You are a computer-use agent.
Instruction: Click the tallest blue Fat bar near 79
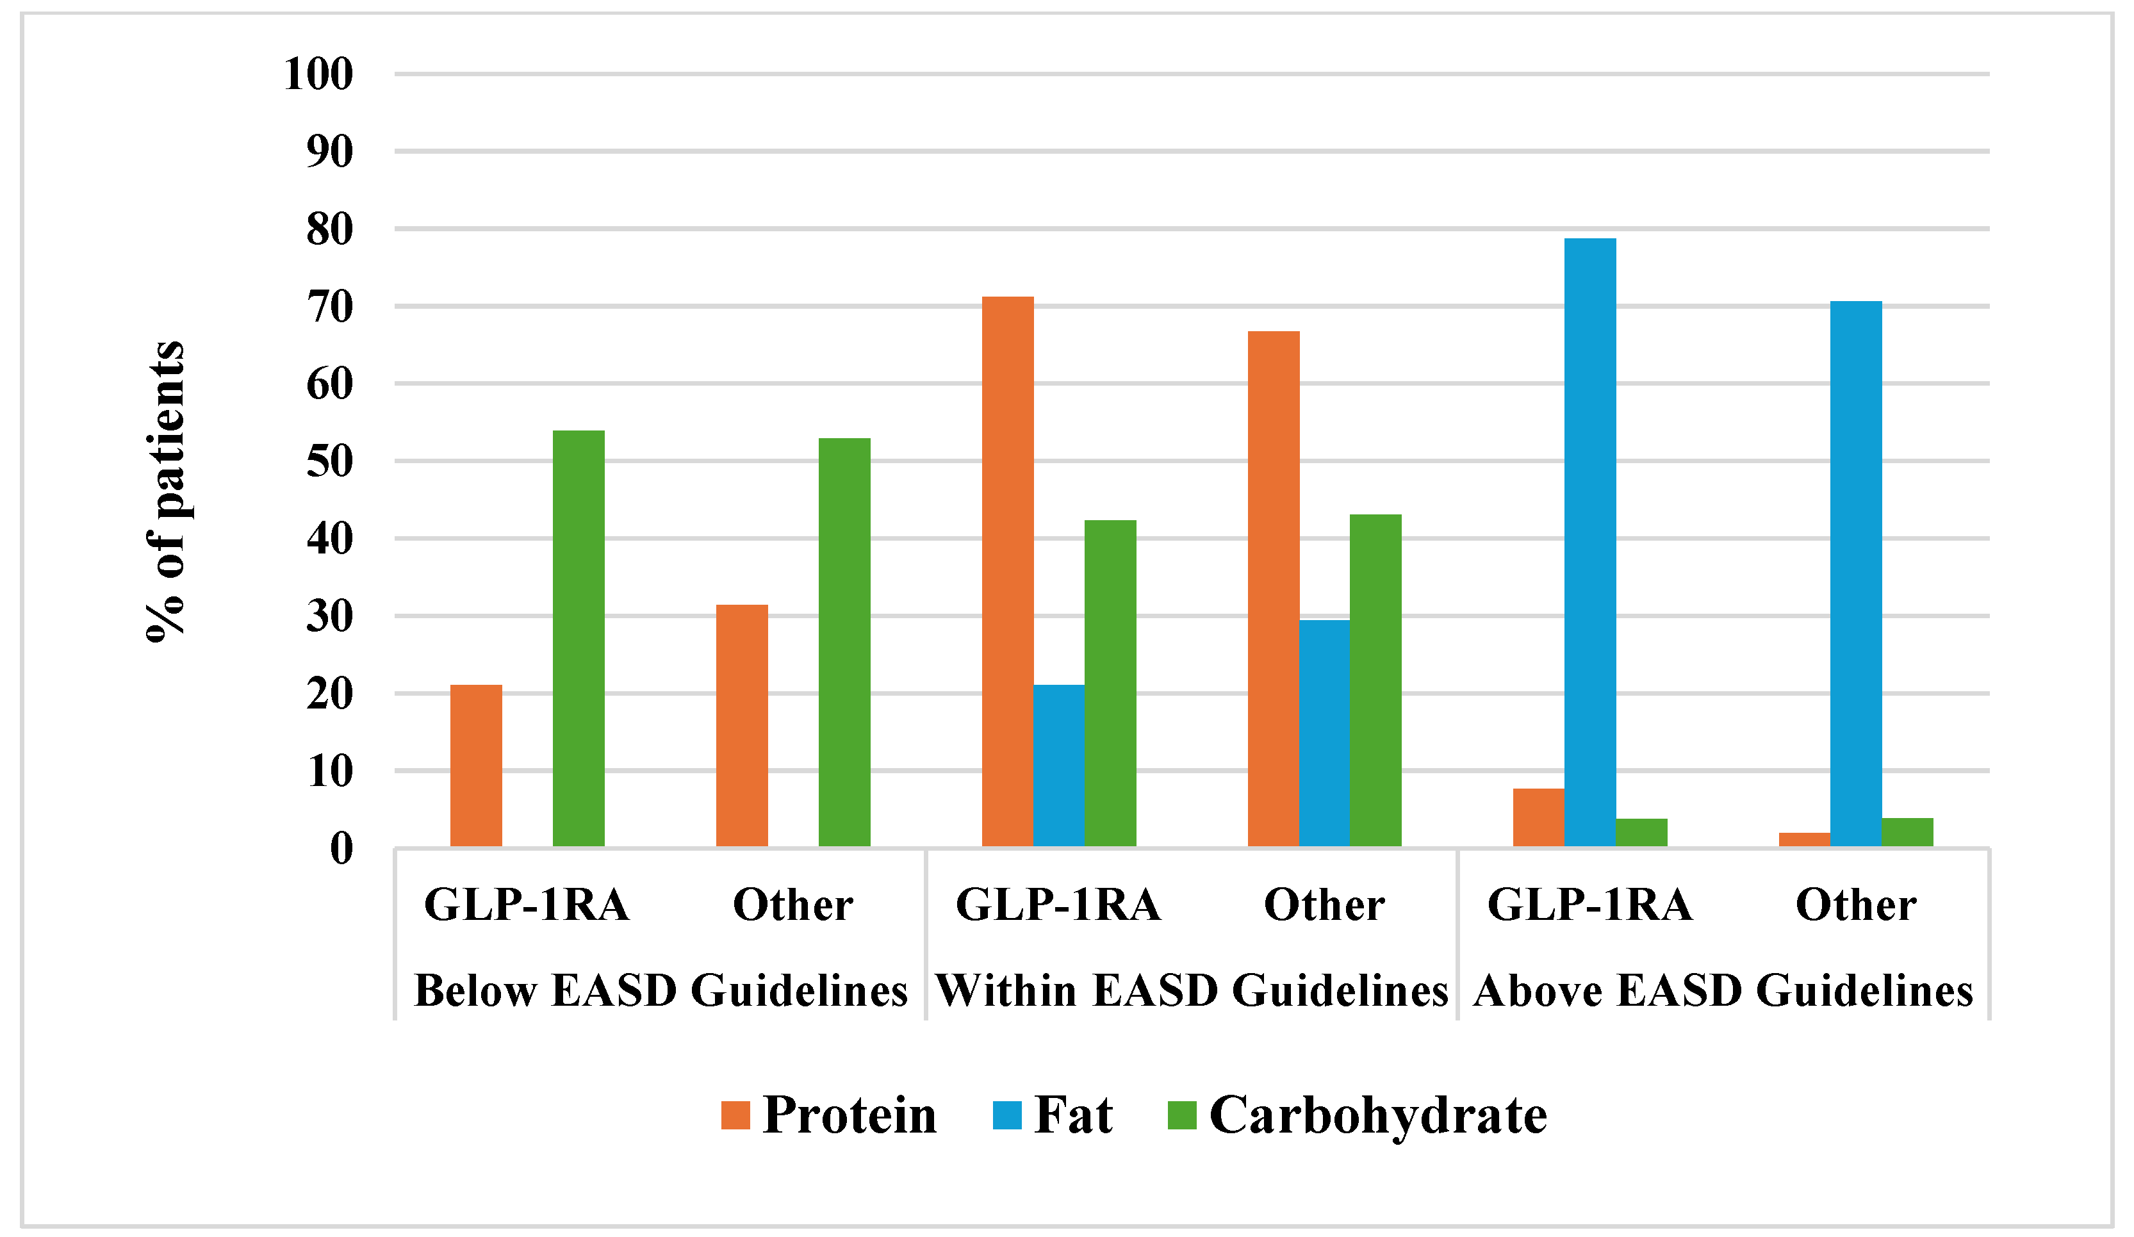pyautogui.click(x=1589, y=542)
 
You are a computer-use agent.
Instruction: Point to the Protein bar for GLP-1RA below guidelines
pyautogui.click(x=476, y=766)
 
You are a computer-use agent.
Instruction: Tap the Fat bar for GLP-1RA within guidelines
pyautogui.click(x=1058, y=766)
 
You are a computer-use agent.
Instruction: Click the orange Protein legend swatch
pyautogui.click(x=735, y=1115)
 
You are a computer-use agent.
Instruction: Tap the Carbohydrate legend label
pyautogui.click(x=1378, y=1115)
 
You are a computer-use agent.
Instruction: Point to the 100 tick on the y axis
pyautogui.click(x=318, y=74)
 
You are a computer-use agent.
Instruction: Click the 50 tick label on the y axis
pyautogui.click(x=329, y=461)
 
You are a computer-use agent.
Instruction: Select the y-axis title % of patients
pyautogui.click(x=166, y=491)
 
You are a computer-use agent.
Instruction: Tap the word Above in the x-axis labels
pyautogui.click(x=1539, y=990)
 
